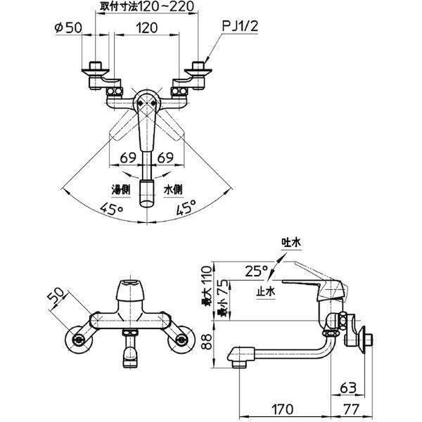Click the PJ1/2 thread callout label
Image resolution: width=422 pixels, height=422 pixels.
240,27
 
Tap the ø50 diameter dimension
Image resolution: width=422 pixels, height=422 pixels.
68,27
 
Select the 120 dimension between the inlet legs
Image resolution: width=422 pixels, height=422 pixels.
147,27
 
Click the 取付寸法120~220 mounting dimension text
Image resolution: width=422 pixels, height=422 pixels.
147,6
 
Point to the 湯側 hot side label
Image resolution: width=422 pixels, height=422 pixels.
121,190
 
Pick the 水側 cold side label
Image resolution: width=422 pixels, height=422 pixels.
173,190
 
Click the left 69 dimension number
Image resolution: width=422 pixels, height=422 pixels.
128,158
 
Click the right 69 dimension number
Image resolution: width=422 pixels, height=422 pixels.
165,158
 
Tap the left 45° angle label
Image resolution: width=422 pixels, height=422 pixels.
111,209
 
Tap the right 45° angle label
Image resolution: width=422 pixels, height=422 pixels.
186,207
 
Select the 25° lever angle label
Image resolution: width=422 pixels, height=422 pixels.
257,271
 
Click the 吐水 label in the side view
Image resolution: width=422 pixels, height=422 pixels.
291,243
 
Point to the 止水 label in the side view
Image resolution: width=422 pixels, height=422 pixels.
266,291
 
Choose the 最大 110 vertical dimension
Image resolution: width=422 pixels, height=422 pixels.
207,286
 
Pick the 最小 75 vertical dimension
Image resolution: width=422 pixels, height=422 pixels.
224,298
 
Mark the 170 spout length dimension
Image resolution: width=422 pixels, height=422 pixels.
282,409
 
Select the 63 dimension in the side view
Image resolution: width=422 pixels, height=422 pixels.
348,388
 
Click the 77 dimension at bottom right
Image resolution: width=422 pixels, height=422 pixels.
351,409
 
